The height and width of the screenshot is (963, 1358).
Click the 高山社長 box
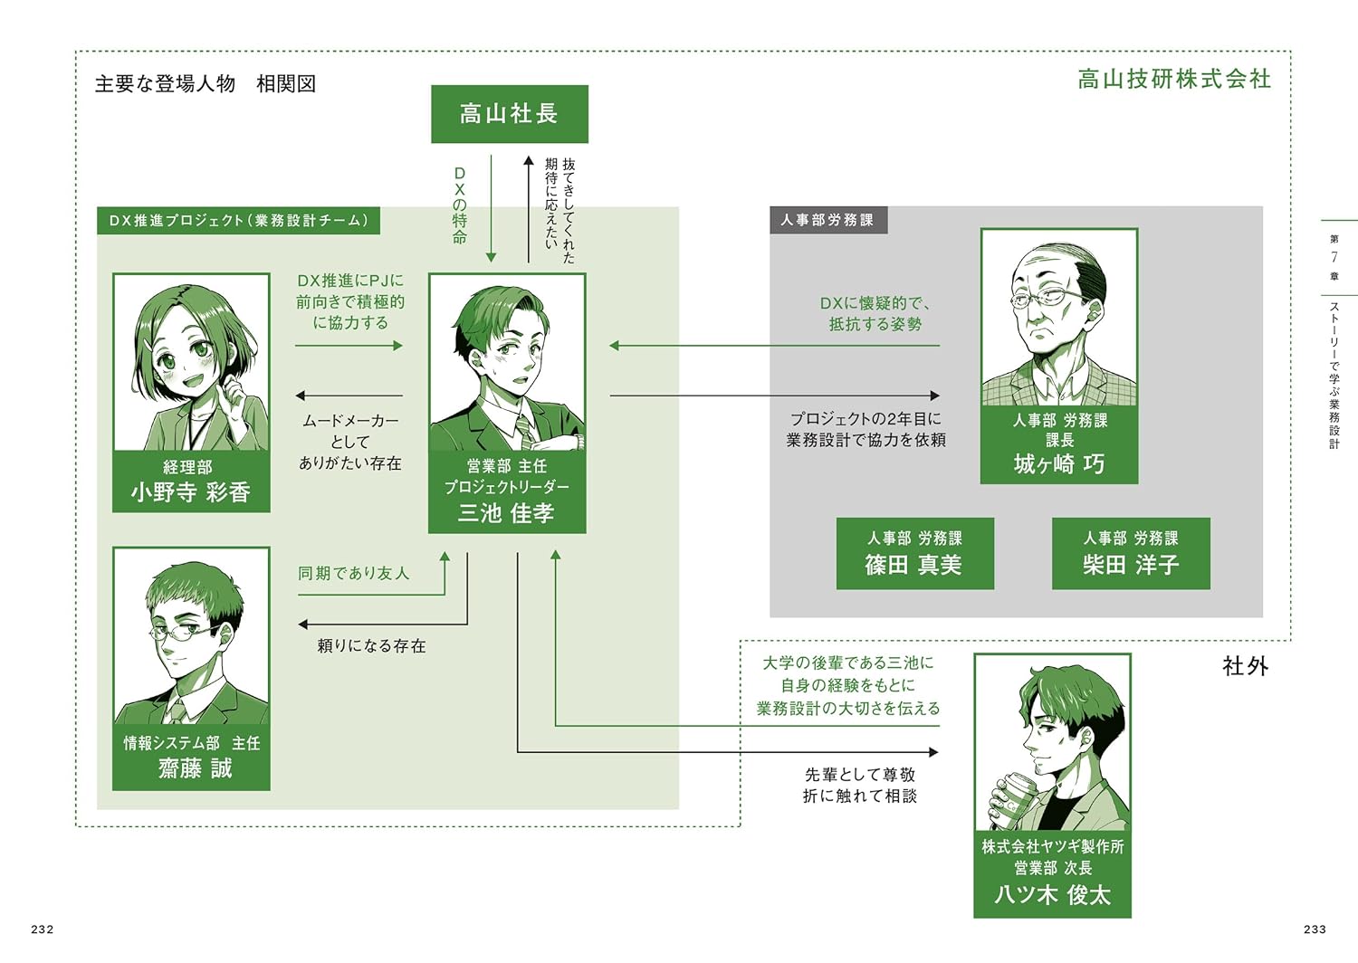[x=509, y=114]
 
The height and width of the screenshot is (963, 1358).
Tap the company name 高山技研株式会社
[x=1174, y=80]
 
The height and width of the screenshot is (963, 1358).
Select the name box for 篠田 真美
[x=914, y=554]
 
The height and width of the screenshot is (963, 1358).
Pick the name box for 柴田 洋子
[x=1131, y=554]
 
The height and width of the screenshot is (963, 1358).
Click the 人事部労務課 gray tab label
[x=827, y=220]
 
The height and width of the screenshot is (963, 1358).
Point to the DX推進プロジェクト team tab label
[x=238, y=221]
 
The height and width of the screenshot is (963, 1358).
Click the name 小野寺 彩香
[x=191, y=492]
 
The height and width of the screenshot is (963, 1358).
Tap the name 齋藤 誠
[x=196, y=768]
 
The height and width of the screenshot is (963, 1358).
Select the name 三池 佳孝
[x=506, y=513]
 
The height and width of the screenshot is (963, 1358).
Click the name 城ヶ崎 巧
[x=1059, y=464]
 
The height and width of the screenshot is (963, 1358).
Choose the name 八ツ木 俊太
[x=1052, y=895]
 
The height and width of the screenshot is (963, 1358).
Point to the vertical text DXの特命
[x=460, y=205]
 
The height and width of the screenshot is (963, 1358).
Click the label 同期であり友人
[x=354, y=574]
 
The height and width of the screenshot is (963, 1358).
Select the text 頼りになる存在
[x=371, y=646]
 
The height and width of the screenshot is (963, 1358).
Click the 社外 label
[x=1246, y=667]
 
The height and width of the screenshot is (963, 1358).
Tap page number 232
[x=43, y=930]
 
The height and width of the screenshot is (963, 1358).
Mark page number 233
[x=1315, y=930]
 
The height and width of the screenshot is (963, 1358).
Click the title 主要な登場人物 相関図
[x=206, y=84]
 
